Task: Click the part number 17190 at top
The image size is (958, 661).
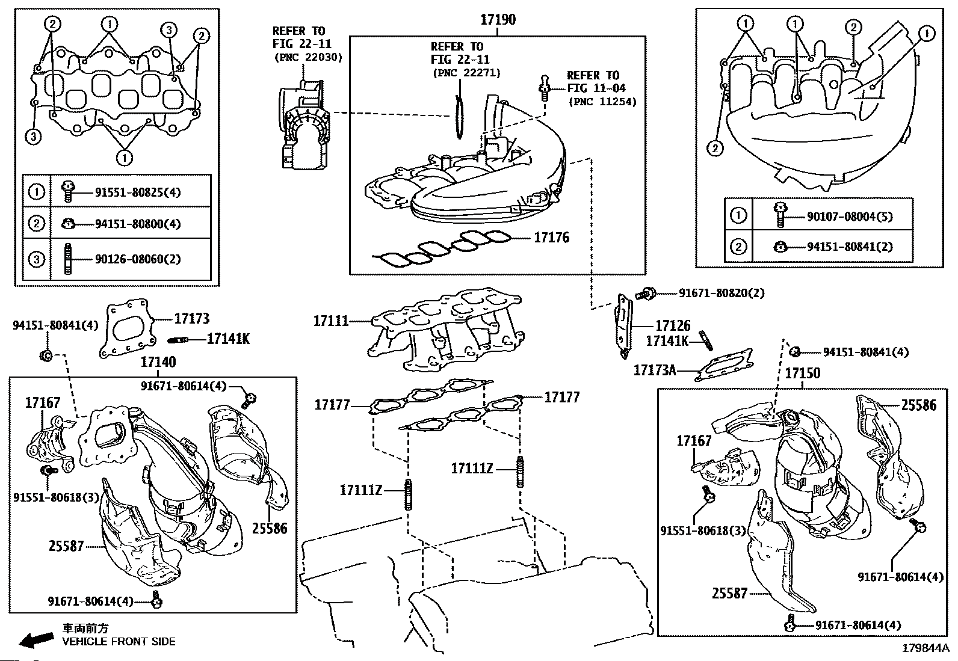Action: point(497,20)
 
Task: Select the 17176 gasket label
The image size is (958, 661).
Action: point(551,238)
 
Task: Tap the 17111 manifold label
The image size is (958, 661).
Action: point(330,321)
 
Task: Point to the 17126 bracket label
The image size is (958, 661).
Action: point(672,326)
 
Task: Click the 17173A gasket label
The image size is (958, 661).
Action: point(654,370)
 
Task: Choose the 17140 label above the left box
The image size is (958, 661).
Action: point(158,362)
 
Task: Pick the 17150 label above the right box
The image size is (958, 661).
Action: point(802,374)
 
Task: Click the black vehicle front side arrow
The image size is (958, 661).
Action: point(36,640)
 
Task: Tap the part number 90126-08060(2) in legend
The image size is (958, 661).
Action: point(138,260)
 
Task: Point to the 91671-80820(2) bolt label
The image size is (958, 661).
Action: point(722,293)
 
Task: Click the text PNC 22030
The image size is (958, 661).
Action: point(307,58)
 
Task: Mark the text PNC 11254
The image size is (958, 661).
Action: point(602,101)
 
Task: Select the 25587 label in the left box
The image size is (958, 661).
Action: point(66,547)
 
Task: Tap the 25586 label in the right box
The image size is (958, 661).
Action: point(918,405)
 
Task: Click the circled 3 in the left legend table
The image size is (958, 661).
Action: point(37,259)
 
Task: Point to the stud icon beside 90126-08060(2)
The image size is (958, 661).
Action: point(68,259)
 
